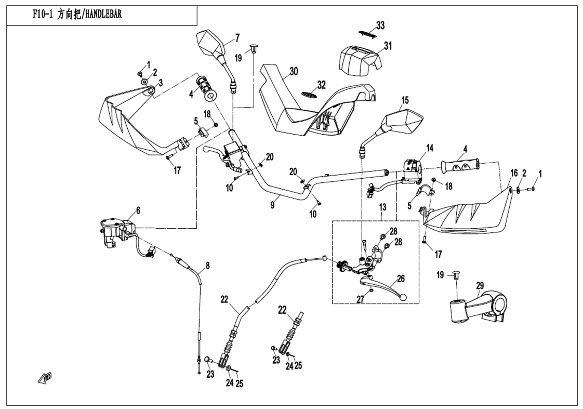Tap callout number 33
(380, 25)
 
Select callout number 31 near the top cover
(388, 46)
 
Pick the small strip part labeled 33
(367, 34)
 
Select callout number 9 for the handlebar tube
(273, 205)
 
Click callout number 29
(480, 285)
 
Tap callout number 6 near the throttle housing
(138, 211)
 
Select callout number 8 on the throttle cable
(207, 266)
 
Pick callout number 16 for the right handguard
(514, 173)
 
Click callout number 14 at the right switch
(430, 148)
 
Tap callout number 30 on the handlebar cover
(294, 71)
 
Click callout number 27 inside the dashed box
(360, 299)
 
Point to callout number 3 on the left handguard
(161, 83)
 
